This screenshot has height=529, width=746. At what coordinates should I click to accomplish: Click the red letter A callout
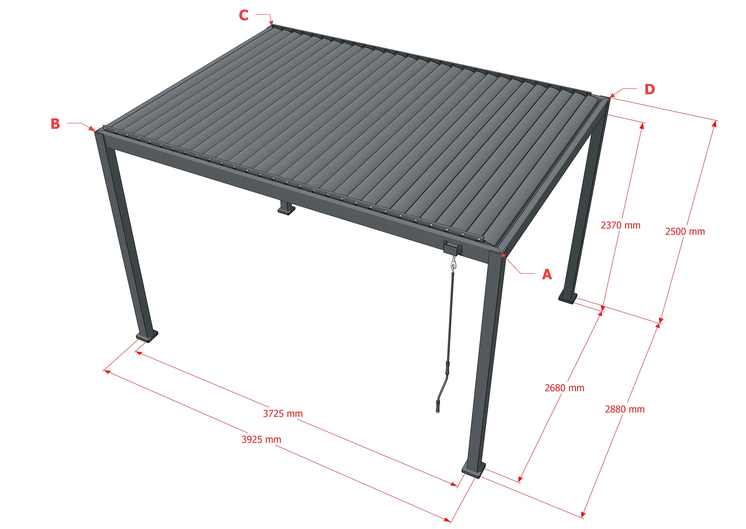[547, 274]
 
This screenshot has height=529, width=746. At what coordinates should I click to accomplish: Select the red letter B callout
[56, 124]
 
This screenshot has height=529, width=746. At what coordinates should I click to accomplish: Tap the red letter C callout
[244, 15]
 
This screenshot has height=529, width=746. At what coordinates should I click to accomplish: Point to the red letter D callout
[650, 89]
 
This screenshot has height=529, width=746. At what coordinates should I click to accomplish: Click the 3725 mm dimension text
[283, 414]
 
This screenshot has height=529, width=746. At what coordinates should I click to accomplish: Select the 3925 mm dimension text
[261, 440]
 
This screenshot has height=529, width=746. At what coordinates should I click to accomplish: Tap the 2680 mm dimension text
[565, 388]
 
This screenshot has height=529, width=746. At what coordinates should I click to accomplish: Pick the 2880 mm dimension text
[625, 409]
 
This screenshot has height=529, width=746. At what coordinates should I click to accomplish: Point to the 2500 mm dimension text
[685, 232]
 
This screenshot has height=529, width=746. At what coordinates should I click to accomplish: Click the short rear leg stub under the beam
[286, 208]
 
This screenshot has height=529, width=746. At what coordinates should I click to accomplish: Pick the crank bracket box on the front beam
[453, 248]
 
